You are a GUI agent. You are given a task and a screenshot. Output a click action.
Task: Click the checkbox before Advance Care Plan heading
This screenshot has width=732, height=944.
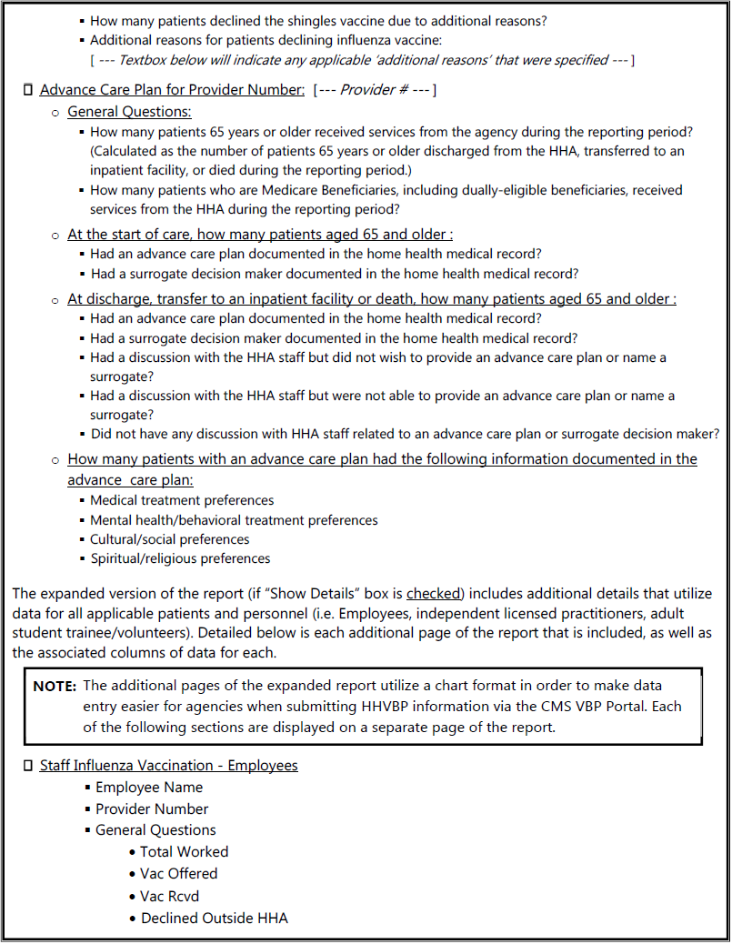tap(27, 90)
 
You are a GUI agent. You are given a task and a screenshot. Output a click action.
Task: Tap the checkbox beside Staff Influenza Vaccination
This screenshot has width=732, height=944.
tap(27, 766)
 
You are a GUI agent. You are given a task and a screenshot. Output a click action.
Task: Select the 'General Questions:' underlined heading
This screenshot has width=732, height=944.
tap(129, 112)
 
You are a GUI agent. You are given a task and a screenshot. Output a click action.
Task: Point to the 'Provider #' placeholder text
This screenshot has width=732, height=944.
tap(373, 90)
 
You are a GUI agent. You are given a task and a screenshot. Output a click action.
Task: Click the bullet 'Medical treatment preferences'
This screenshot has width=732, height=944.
tap(182, 500)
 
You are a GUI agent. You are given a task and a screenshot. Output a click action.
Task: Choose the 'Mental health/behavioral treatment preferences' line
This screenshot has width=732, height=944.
tap(234, 520)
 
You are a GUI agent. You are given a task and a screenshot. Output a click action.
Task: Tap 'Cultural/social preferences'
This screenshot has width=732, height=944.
tap(169, 539)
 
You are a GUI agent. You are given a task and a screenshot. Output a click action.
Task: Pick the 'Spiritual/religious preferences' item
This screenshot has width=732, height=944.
tap(180, 558)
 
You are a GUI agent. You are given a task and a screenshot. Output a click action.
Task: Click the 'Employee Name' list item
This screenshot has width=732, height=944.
tap(149, 788)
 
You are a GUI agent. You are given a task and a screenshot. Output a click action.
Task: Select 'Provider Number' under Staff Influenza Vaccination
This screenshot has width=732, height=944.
tap(152, 808)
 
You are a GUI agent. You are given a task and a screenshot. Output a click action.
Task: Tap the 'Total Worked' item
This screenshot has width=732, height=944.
tap(185, 852)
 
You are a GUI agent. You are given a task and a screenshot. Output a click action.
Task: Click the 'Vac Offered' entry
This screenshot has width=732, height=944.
tap(179, 874)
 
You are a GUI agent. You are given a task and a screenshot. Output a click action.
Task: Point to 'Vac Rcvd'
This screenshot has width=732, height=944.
tap(170, 896)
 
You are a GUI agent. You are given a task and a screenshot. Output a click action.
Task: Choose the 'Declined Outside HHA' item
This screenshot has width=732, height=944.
tap(215, 919)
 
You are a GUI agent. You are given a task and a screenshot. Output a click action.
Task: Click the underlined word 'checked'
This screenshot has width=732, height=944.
tap(434, 594)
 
